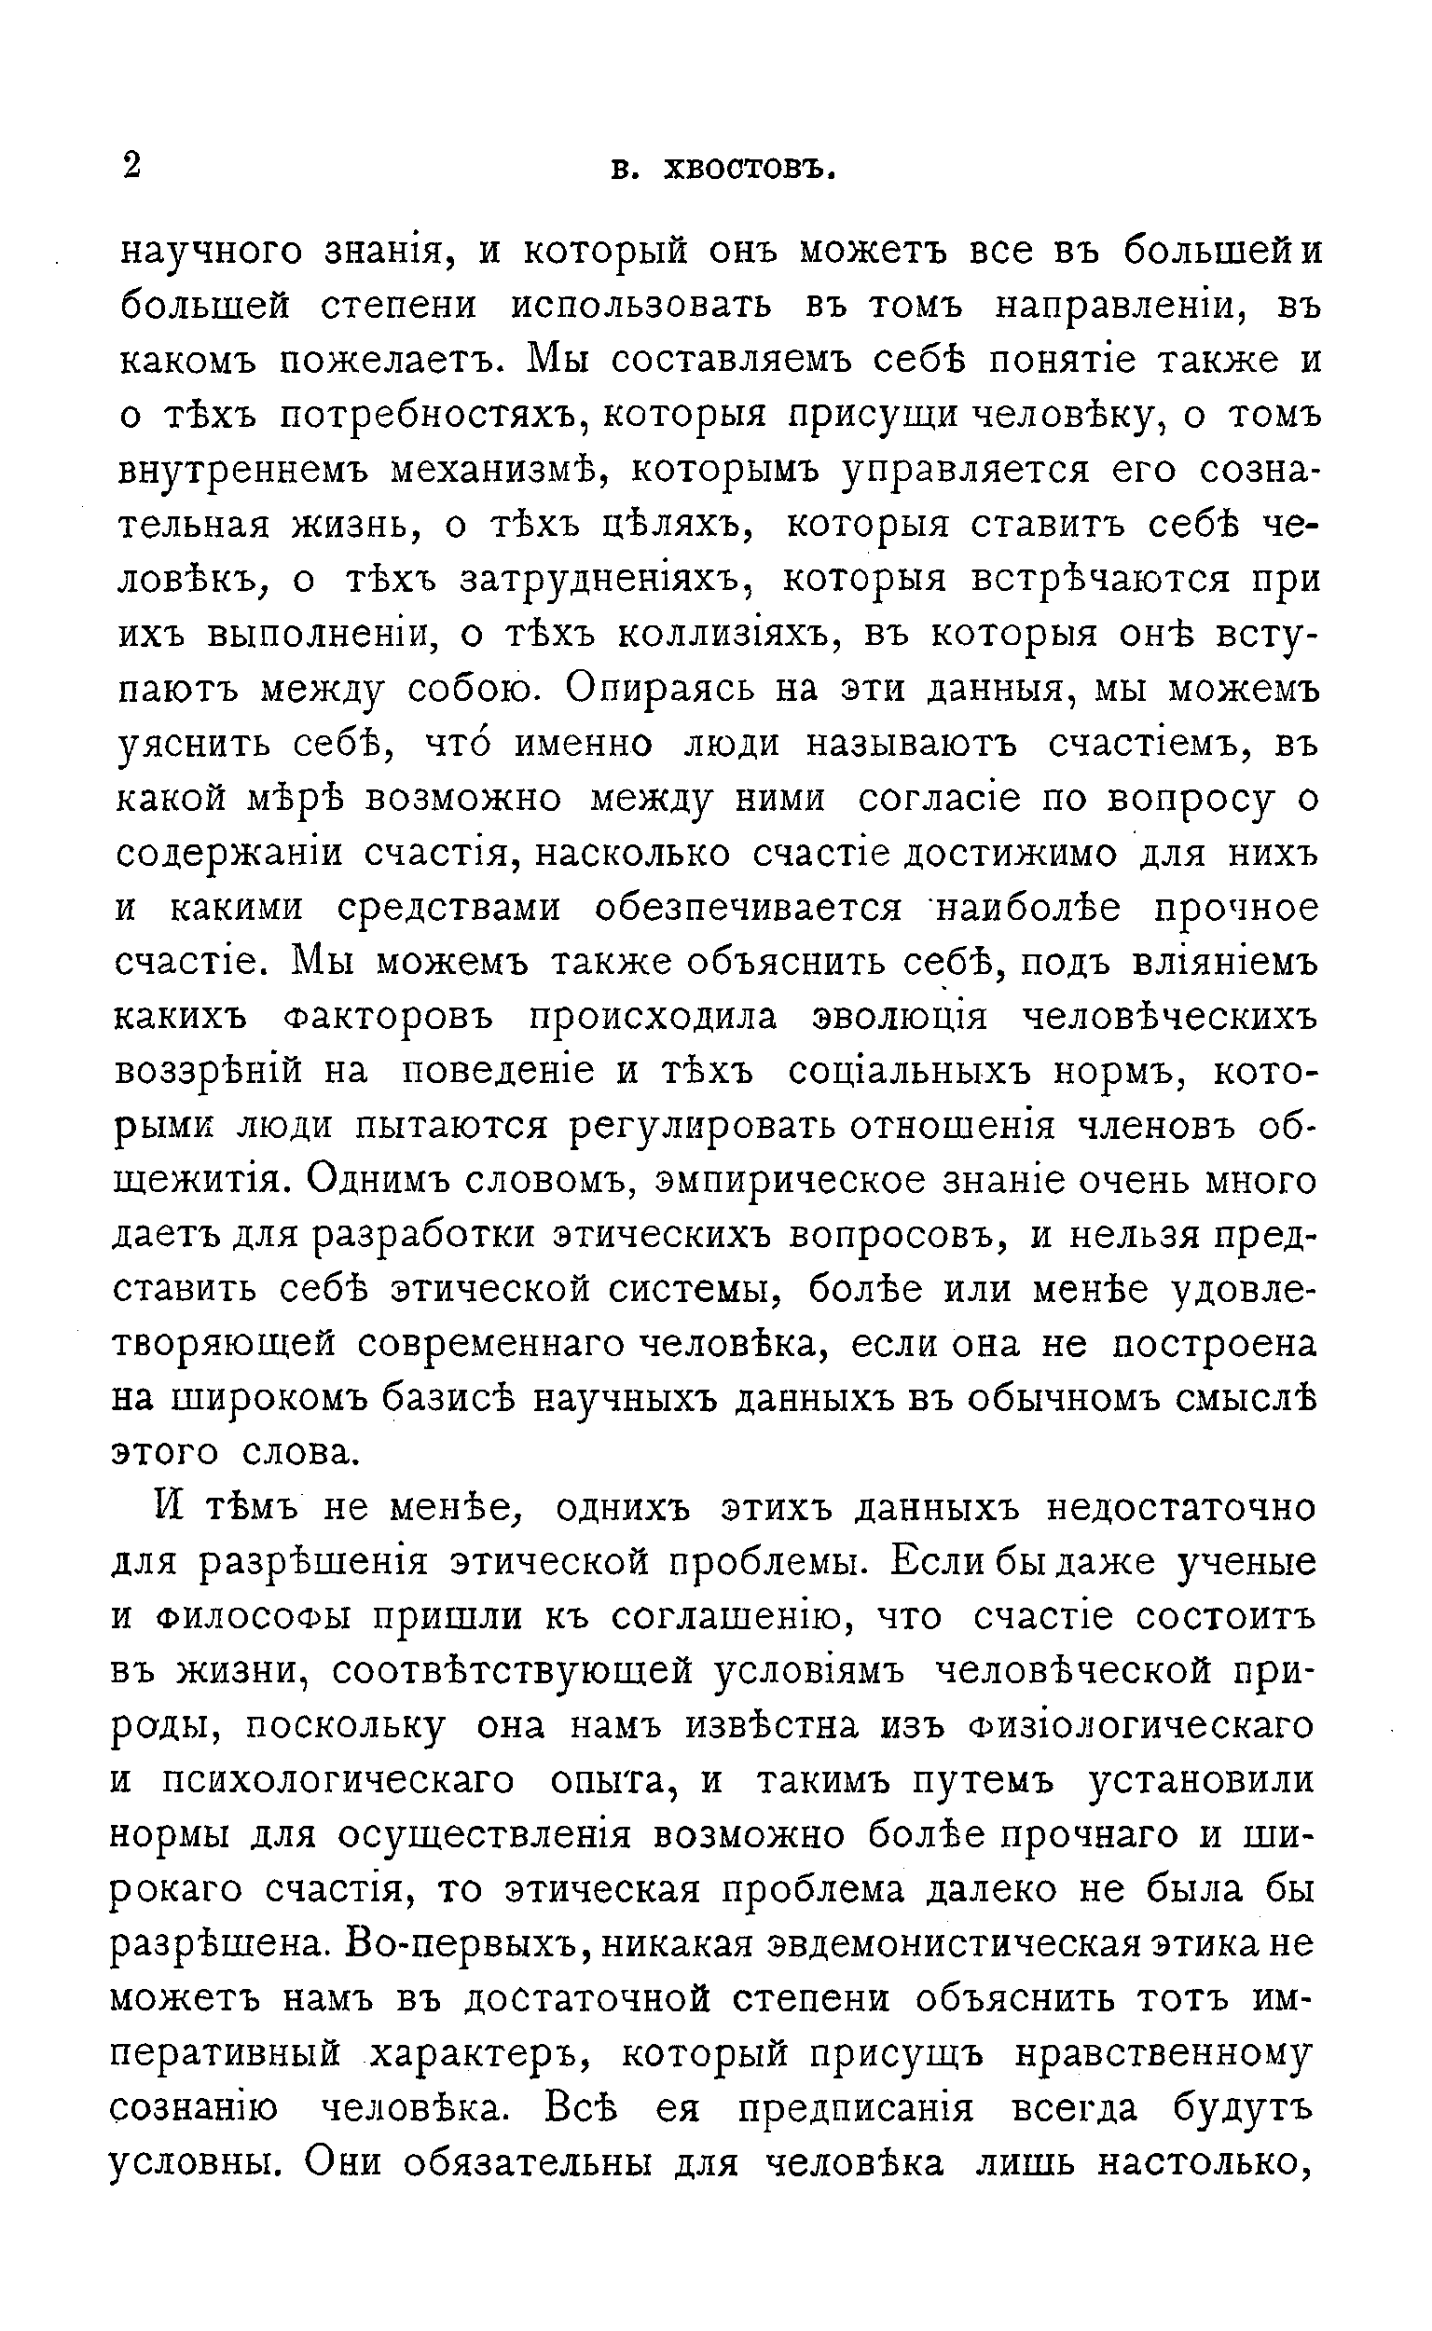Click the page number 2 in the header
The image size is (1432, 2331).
pos(131,166)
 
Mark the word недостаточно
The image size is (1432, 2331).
pos(1181,1509)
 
